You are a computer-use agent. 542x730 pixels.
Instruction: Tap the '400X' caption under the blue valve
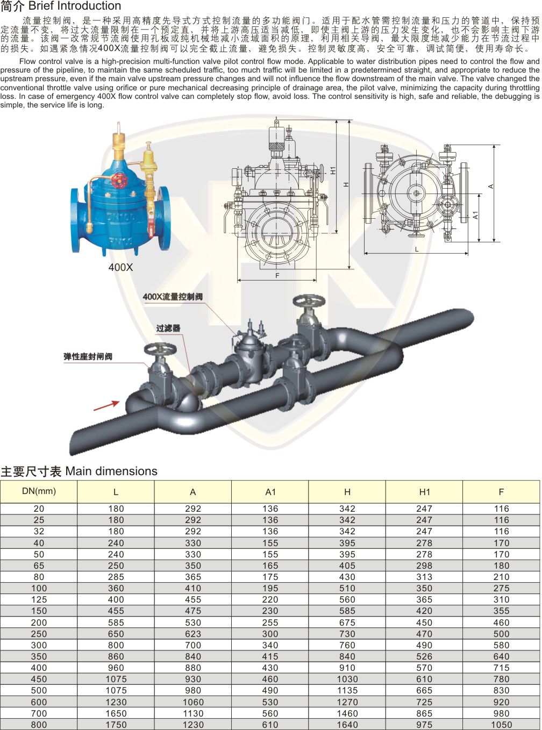(120, 267)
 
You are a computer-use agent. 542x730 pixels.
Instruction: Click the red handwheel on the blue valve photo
(122, 181)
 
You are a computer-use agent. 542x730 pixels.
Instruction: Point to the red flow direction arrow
(106, 405)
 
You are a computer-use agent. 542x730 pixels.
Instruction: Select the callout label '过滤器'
(168, 328)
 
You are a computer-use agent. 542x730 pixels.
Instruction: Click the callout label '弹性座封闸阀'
(88, 356)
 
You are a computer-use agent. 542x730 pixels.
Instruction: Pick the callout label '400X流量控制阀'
(173, 297)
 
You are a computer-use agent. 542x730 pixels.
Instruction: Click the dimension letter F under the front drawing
(277, 276)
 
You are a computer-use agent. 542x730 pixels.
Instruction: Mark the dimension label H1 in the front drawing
(333, 170)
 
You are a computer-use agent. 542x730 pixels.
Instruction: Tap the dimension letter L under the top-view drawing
(416, 249)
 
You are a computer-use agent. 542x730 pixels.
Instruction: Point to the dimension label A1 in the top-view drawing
(475, 215)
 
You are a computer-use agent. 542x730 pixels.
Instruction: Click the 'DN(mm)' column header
(39, 491)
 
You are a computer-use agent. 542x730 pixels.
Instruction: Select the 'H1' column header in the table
(424, 492)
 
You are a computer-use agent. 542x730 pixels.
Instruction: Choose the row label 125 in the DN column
(39, 599)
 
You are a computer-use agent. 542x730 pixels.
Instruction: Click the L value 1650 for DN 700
(116, 713)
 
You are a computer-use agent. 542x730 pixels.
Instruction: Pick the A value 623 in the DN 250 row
(193, 634)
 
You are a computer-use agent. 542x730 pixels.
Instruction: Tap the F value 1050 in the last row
(501, 725)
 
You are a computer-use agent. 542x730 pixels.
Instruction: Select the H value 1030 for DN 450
(347, 679)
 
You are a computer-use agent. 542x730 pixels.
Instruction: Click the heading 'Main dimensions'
(111, 471)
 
